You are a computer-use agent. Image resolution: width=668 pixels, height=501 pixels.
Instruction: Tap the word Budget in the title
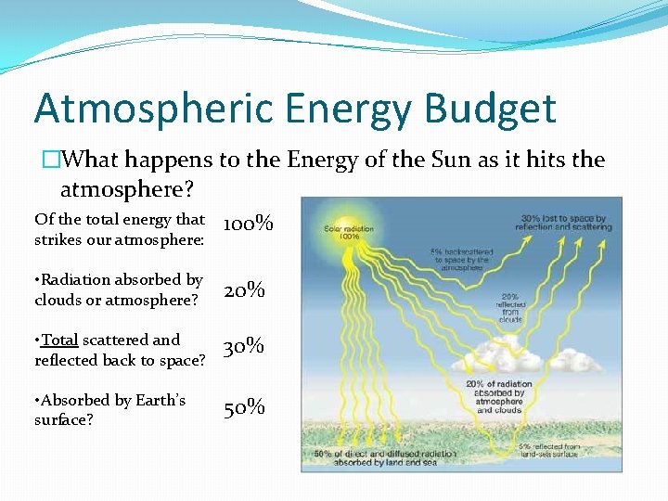pyautogui.click(x=491, y=109)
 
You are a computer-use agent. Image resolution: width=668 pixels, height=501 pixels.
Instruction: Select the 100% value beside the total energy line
pyautogui.click(x=249, y=224)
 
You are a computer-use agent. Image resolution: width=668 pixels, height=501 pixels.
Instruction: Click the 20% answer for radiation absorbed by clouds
pyautogui.click(x=245, y=290)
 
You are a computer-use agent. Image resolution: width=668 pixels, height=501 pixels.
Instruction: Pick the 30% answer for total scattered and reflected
pyautogui.click(x=245, y=347)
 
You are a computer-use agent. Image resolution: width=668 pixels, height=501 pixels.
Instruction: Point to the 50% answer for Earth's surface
pyautogui.click(x=245, y=407)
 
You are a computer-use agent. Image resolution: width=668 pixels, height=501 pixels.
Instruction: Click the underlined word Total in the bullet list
pyautogui.click(x=59, y=340)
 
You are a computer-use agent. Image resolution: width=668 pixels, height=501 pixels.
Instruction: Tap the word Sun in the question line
pyautogui.click(x=451, y=160)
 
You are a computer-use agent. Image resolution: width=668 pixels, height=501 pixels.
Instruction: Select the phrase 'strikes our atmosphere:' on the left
pyautogui.click(x=118, y=239)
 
